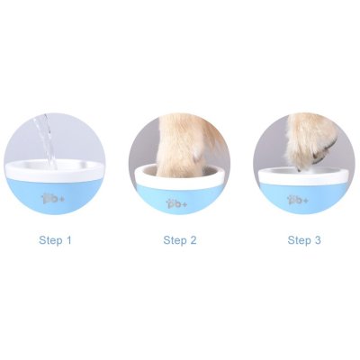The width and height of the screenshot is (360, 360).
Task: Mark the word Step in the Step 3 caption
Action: click(298, 240)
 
